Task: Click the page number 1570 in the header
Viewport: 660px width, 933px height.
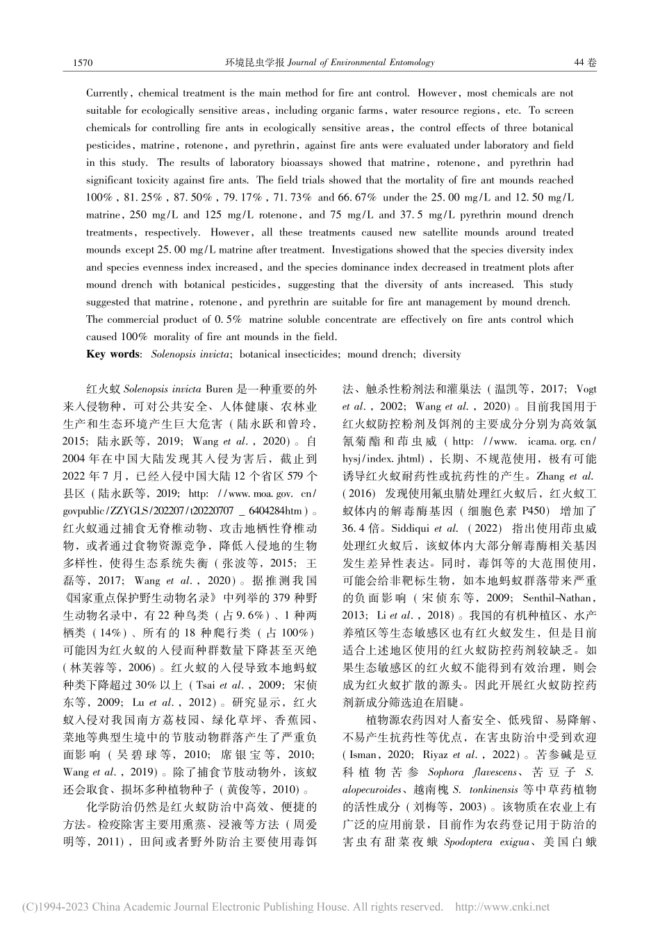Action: (x=83, y=62)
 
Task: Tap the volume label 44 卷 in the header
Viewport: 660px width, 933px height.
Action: (x=586, y=62)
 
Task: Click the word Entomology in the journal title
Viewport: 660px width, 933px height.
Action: (x=406, y=62)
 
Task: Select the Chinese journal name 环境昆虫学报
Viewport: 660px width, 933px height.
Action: (x=255, y=62)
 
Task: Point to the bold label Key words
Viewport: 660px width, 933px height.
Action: (x=113, y=354)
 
